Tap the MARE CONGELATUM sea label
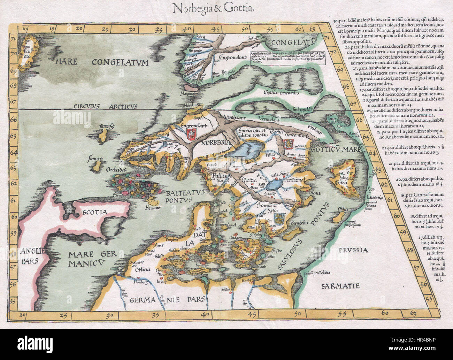(101, 63)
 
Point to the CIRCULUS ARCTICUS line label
(106, 106)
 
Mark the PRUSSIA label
(353, 250)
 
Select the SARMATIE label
(340, 286)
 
